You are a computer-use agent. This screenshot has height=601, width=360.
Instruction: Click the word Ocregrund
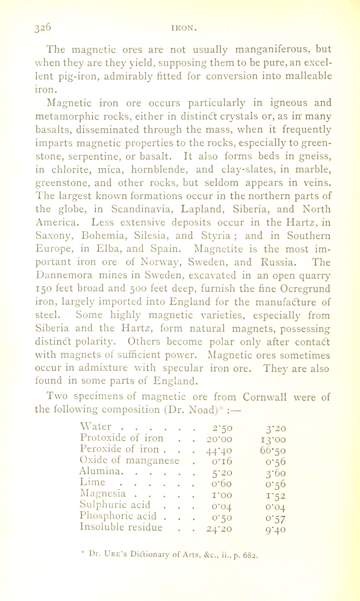(x=305, y=289)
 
